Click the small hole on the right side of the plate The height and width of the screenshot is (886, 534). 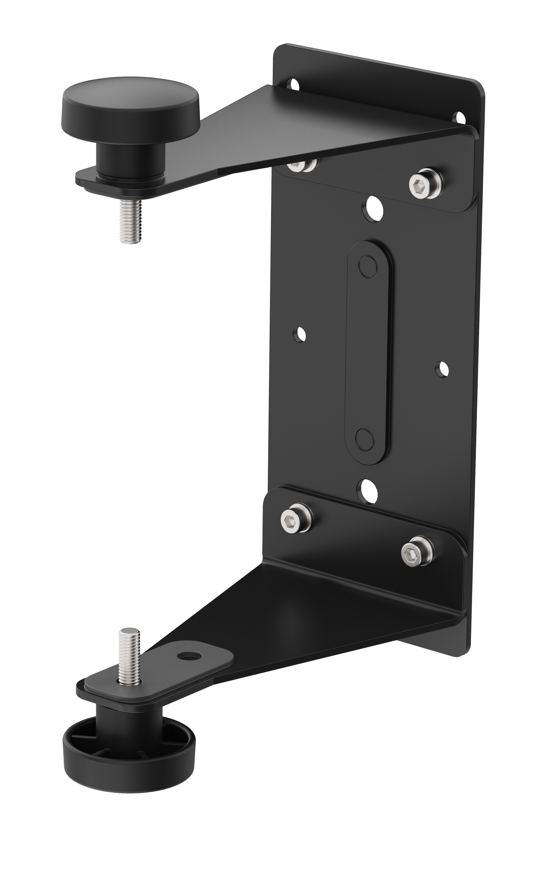[442, 369]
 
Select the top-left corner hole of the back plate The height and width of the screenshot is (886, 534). [294, 84]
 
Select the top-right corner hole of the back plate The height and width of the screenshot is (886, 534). [459, 118]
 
